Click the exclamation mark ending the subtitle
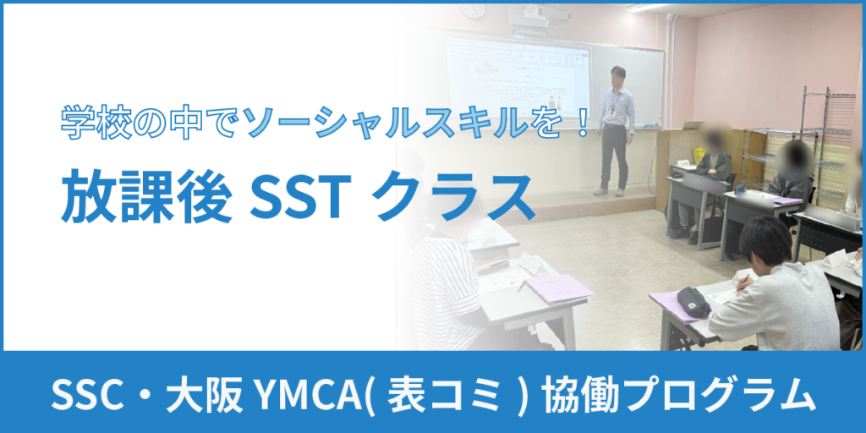pos(580,123)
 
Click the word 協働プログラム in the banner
pos(677,393)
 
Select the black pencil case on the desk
pos(693,302)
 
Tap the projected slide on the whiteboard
pos(518,81)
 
